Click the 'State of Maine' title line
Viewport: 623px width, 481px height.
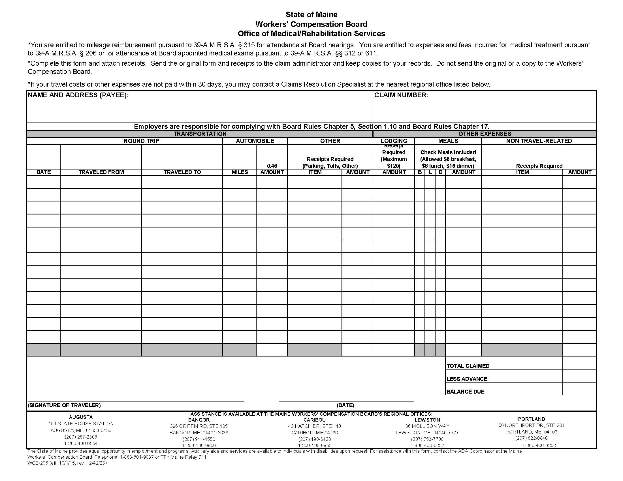coord(311,14)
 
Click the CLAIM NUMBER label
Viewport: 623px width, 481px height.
coord(401,95)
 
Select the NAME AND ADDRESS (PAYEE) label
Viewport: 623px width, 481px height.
coord(78,95)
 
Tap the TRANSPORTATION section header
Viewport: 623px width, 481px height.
coord(200,134)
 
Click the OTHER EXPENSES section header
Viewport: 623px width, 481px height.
coord(484,134)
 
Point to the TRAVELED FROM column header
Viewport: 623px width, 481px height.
coord(101,172)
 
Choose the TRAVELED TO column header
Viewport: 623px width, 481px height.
coord(182,172)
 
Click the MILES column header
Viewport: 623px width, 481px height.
coord(239,172)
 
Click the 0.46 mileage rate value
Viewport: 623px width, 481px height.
coord(272,166)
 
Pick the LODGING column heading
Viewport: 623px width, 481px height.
coord(394,141)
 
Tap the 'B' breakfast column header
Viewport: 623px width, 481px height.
coord(420,172)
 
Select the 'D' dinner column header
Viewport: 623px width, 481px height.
coord(440,172)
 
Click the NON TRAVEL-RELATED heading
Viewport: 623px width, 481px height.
coord(539,141)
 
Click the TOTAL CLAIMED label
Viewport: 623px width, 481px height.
coord(468,366)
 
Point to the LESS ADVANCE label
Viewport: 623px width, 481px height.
coord(467,379)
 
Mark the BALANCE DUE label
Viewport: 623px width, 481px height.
coord(465,392)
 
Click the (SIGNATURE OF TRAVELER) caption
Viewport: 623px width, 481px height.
coord(64,405)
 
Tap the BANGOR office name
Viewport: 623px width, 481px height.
coord(199,420)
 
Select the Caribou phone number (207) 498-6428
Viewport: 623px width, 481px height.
coord(314,439)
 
